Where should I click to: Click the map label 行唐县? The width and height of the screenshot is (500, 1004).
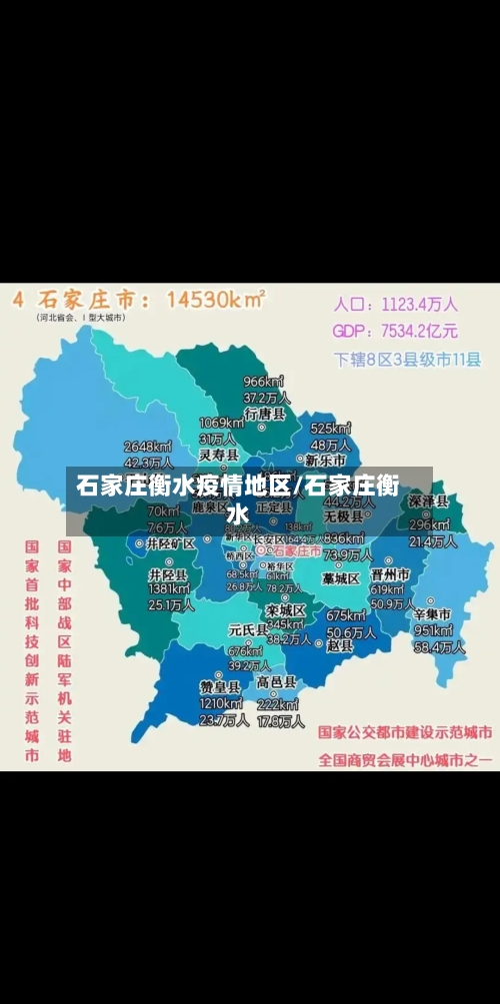point(265,413)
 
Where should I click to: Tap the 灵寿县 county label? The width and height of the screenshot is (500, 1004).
point(218,455)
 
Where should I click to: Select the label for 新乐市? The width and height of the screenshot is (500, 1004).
point(325,461)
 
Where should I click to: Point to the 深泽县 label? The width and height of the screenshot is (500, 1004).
point(428,502)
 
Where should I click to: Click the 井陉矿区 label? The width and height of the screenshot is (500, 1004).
point(170,544)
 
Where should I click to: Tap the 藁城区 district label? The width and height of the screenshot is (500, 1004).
point(340,578)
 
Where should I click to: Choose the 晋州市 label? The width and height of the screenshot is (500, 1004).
point(390,575)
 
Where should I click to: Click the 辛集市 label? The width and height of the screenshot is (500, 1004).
point(432,613)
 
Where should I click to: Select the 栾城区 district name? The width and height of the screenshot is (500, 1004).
point(285,609)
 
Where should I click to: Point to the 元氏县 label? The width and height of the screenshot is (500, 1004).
point(248,629)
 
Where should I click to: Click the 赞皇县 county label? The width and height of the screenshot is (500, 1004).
point(220,687)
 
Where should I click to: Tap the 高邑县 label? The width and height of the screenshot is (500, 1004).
point(277,682)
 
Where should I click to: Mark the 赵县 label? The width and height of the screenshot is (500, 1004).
point(340,645)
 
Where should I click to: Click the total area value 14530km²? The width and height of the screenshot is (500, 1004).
point(215,298)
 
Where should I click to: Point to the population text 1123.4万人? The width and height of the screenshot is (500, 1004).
point(422,304)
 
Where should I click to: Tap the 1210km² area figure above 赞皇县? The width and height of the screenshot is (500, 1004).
point(221,703)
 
